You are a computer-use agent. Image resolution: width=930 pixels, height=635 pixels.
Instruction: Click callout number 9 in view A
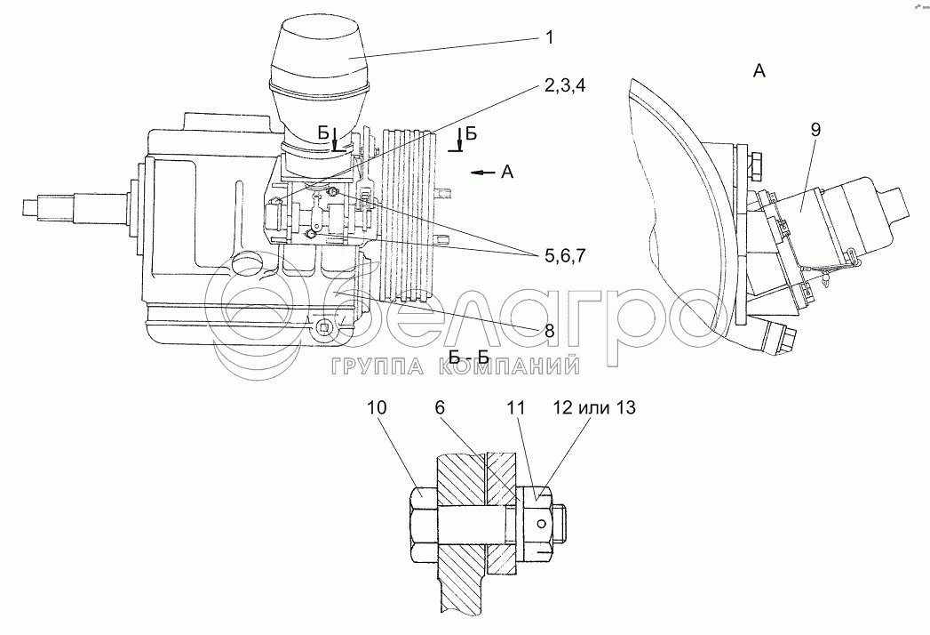(815, 129)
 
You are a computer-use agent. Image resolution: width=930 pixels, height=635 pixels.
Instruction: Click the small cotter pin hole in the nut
(539, 518)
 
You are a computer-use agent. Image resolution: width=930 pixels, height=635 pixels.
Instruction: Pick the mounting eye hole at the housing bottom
(325, 329)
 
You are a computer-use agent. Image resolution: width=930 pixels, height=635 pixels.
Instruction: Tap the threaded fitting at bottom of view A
(785, 338)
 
